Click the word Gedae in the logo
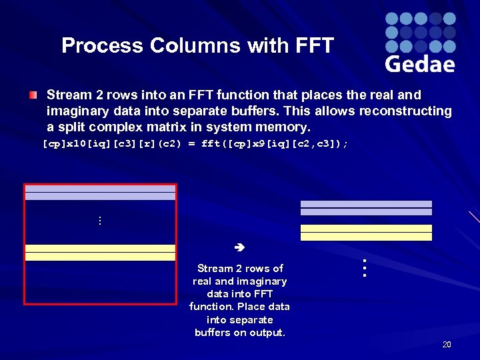(420, 63)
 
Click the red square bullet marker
(33, 95)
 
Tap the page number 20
(446, 345)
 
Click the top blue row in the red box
(100, 189)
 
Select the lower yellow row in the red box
(100, 257)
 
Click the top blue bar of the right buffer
(366, 204)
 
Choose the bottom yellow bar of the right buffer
(366, 237)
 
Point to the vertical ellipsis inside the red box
(99, 221)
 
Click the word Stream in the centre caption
(215, 268)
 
